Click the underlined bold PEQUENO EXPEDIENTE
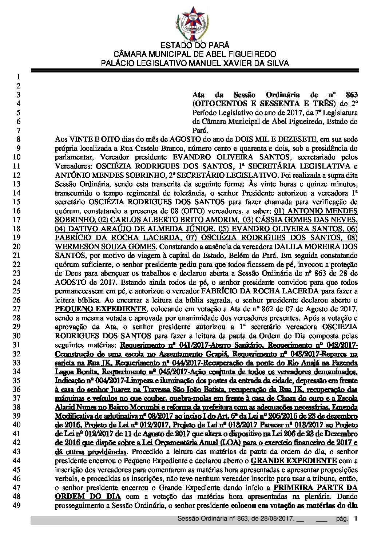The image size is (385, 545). click(x=101, y=309)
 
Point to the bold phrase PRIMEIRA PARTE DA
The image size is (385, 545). click(x=315, y=487)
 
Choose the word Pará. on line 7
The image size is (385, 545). click(x=201, y=130)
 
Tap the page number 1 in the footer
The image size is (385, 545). click(x=356, y=519)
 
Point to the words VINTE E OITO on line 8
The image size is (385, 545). click(x=88, y=139)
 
